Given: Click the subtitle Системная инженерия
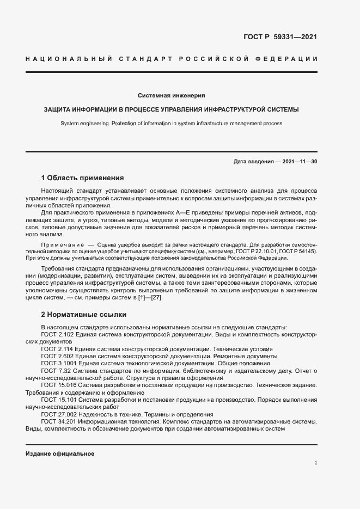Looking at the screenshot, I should (x=171, y=95).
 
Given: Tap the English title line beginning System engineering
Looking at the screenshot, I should (x=171, y=124).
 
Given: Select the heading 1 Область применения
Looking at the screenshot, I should (x=83, y=177).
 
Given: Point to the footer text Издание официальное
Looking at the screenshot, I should (x=60, y=453).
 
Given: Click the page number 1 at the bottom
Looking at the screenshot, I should (x=315, y=463).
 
